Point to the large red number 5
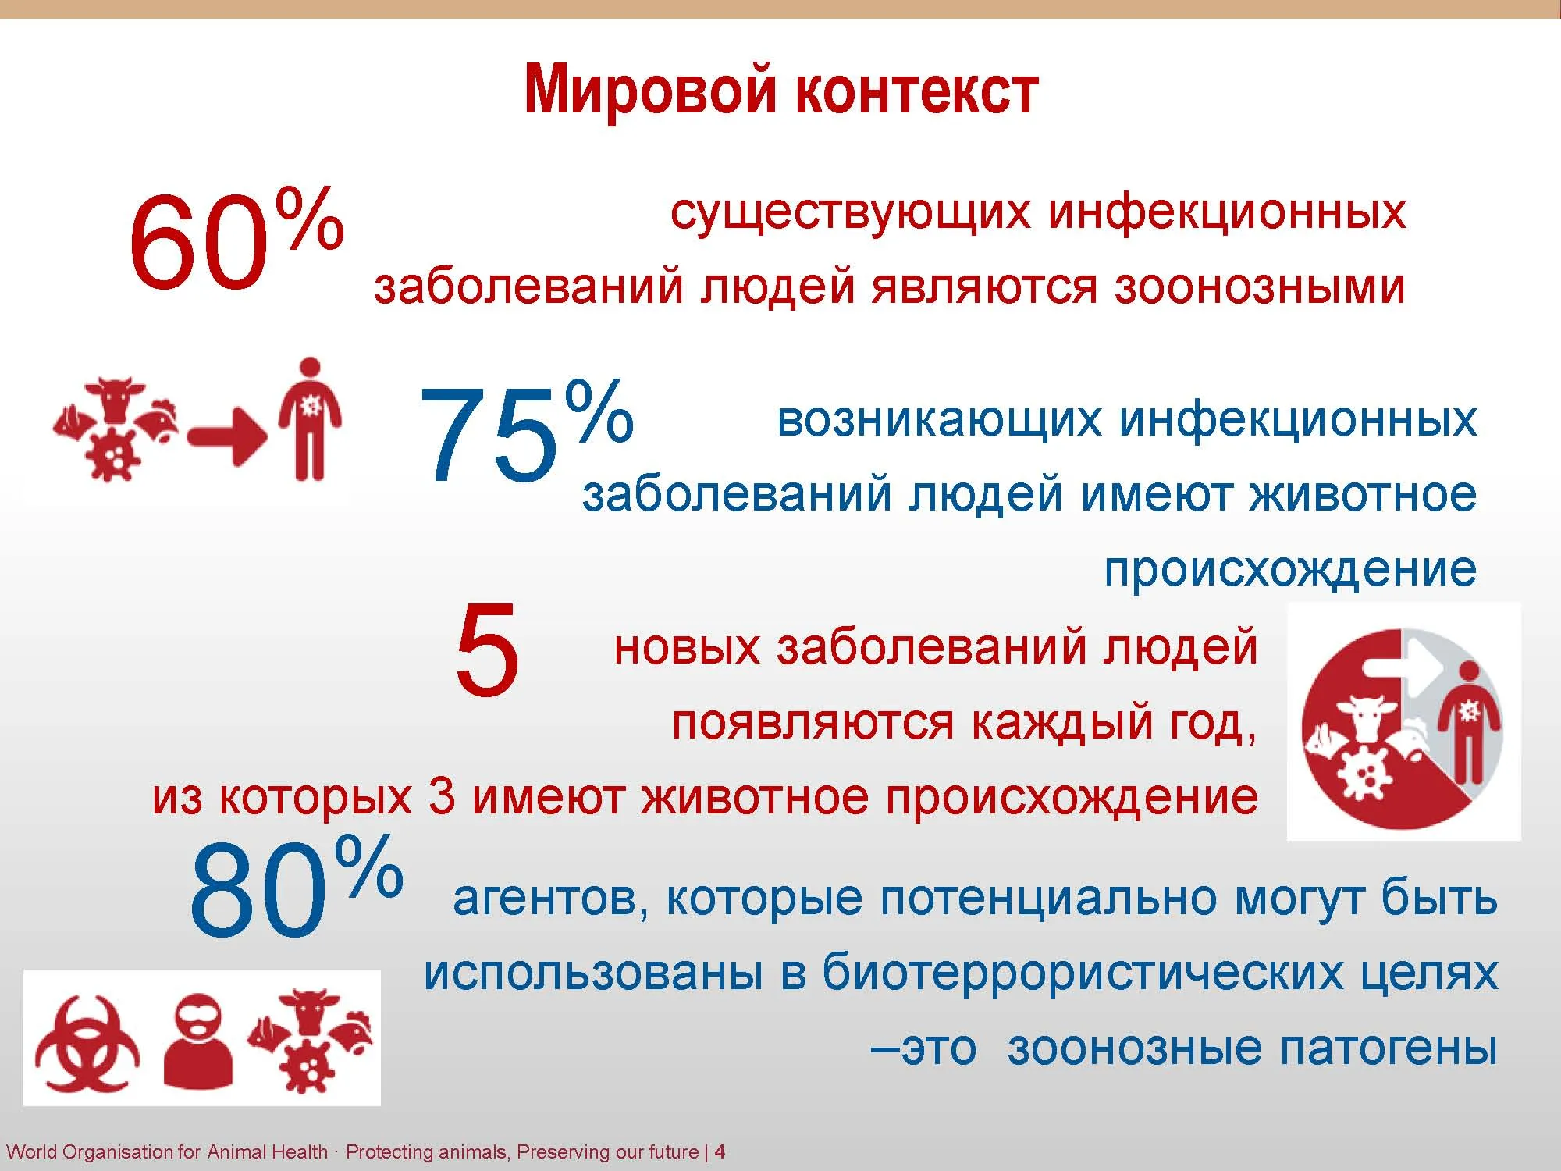(486, 650)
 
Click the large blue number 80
(258, 890)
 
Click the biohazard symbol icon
(88, 1042)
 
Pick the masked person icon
(198, 1041)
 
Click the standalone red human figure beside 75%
(310, 418)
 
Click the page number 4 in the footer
(720, 1151)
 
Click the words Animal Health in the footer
(267, 1151)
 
